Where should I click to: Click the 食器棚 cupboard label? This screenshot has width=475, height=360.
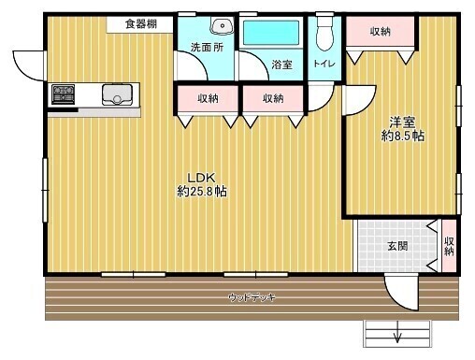click(x=141, y=24)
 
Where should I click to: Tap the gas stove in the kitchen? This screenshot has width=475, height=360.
click(x=64, y=94)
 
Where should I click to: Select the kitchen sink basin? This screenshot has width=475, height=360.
click(x=117, y=94)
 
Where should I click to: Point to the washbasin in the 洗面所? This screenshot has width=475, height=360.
click(x=222, y=25)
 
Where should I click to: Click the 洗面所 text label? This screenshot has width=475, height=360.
click(x=207, y=48)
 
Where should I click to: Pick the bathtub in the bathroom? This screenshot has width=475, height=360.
click(x=270, y=33)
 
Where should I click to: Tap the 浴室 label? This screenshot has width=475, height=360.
click(x=281, y=65)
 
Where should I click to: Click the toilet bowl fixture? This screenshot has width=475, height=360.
click(x=324, y=32)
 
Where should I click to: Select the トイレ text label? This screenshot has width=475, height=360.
click(x=324, y=64)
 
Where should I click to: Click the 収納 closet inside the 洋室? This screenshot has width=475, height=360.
click(x=381, y=32)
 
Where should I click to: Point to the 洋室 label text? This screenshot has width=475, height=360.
click(x=402, y=122)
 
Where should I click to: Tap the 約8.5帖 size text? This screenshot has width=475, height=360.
click(x=403, y=136)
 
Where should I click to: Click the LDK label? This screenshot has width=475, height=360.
click(x=201, y=178)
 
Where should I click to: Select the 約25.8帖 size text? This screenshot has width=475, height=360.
click(x=202, y=192)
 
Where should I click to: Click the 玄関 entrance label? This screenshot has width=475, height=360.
click(x=397, y=246)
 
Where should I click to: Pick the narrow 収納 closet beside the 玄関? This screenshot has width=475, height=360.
click(x=449, y=246)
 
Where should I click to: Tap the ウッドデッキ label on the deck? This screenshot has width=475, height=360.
click(x=252, y=297)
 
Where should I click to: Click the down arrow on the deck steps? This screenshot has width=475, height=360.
click(x=397, y=332)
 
